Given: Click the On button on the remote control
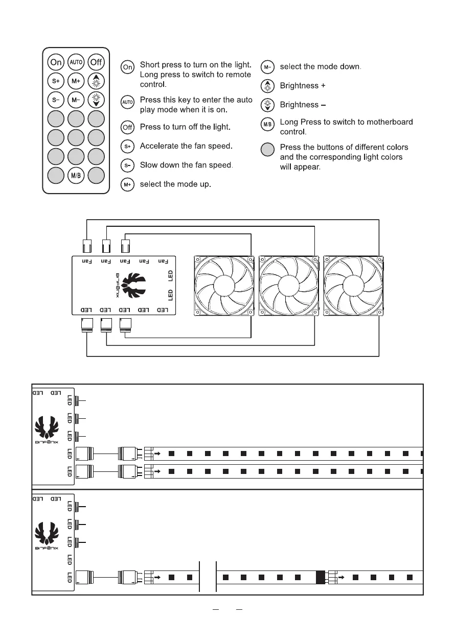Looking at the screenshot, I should pyautogui.click(x=56, y=62).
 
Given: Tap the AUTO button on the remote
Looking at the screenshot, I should pyautogui.click(x=76, y=62).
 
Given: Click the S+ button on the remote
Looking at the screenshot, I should pyautogui.click(x=56, y=81).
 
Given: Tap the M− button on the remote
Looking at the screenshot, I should pyautogui.click(x=76, y=99).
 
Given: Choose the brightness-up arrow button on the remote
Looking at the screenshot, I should pyautogui.click(x=96, y=81).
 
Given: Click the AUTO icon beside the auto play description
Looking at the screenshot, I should pyautogui.click(x=128, y=102).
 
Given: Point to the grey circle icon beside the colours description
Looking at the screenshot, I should pyautogui.click(x=268, y=150).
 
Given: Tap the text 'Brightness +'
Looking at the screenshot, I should pyautogui.click(x=303, y=86).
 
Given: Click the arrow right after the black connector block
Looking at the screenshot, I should pyautogui.click(x=341, y=577).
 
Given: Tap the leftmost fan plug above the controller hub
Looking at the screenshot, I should pyautogui.click(x=87, y=246).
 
